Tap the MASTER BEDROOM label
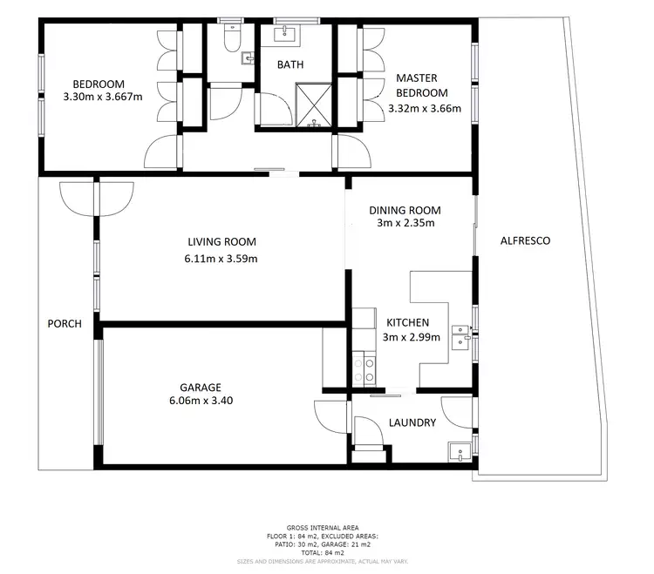421,85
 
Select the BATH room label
290,64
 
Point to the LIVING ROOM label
221,242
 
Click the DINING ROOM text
405,210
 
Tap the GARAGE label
201,388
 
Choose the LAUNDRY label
412,423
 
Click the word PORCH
65,324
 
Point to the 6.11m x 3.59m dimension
221,258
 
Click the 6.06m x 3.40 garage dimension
201,402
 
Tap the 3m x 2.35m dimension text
405,223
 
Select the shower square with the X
313,105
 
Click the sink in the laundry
459,452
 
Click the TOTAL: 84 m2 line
323,553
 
